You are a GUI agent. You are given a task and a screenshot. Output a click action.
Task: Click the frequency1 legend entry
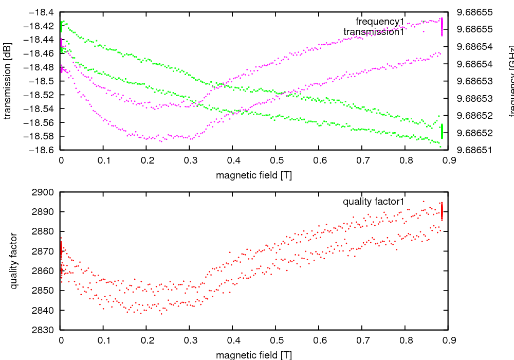tap(380, 22)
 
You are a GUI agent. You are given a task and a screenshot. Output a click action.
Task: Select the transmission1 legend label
tap(373, 32)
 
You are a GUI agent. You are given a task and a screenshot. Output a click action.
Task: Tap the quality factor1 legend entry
tap(374, 202)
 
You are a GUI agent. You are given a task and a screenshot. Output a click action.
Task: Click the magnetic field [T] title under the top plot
tap(254, 175)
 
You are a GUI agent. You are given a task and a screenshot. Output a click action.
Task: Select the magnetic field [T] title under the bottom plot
tap(254, 354)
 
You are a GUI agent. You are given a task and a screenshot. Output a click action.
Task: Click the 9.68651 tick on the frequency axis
tap(474, 150)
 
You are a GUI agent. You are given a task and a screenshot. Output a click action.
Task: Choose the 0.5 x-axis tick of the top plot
tap(276, 160)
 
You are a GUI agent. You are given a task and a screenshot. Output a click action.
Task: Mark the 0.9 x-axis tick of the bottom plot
tap(448, 340)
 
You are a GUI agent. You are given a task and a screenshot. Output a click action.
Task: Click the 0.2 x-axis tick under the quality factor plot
tap(146, 340)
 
